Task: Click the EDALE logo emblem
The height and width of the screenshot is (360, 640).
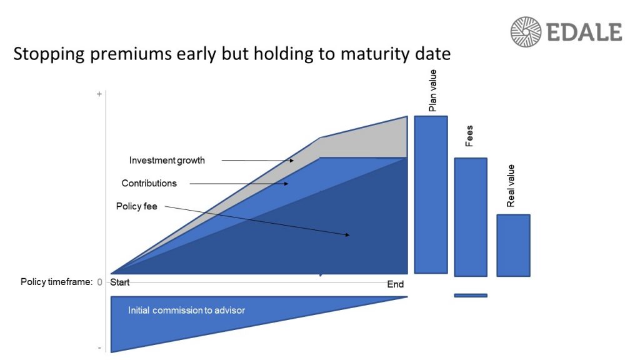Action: [526, 32]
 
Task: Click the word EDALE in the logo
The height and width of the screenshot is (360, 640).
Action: [584, 32]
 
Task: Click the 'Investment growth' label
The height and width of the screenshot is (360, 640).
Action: [167, 161]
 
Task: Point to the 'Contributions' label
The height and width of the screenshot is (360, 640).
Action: [149, 184]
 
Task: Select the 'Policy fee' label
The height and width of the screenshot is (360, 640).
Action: [136, 206]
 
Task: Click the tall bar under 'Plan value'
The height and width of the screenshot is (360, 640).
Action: [431, 194]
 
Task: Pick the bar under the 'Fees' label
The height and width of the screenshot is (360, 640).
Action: [470, 216]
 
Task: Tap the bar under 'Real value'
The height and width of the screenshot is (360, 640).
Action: [513, 245]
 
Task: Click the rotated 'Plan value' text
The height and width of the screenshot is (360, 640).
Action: [432, 91]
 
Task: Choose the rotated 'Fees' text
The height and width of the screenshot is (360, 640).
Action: [469, 136]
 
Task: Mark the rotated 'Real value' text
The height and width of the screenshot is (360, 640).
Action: [511, 186]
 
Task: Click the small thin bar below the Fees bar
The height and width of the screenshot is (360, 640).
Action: [470, 295]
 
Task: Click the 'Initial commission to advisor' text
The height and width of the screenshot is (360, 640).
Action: [186, 311]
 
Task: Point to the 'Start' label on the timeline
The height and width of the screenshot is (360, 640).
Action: [120, 282]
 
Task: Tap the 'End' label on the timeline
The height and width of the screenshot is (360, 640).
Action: [395, 284]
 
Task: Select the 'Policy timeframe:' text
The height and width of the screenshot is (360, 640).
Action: [56, 282]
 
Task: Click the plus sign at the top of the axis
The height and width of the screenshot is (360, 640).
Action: [99, 94]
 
